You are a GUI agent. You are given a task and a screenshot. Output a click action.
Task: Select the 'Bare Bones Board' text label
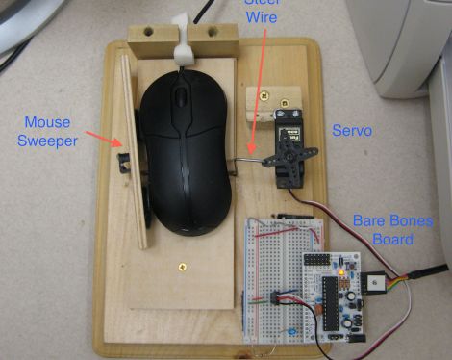394,229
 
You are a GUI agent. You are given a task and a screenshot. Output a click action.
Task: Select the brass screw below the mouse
179,261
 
